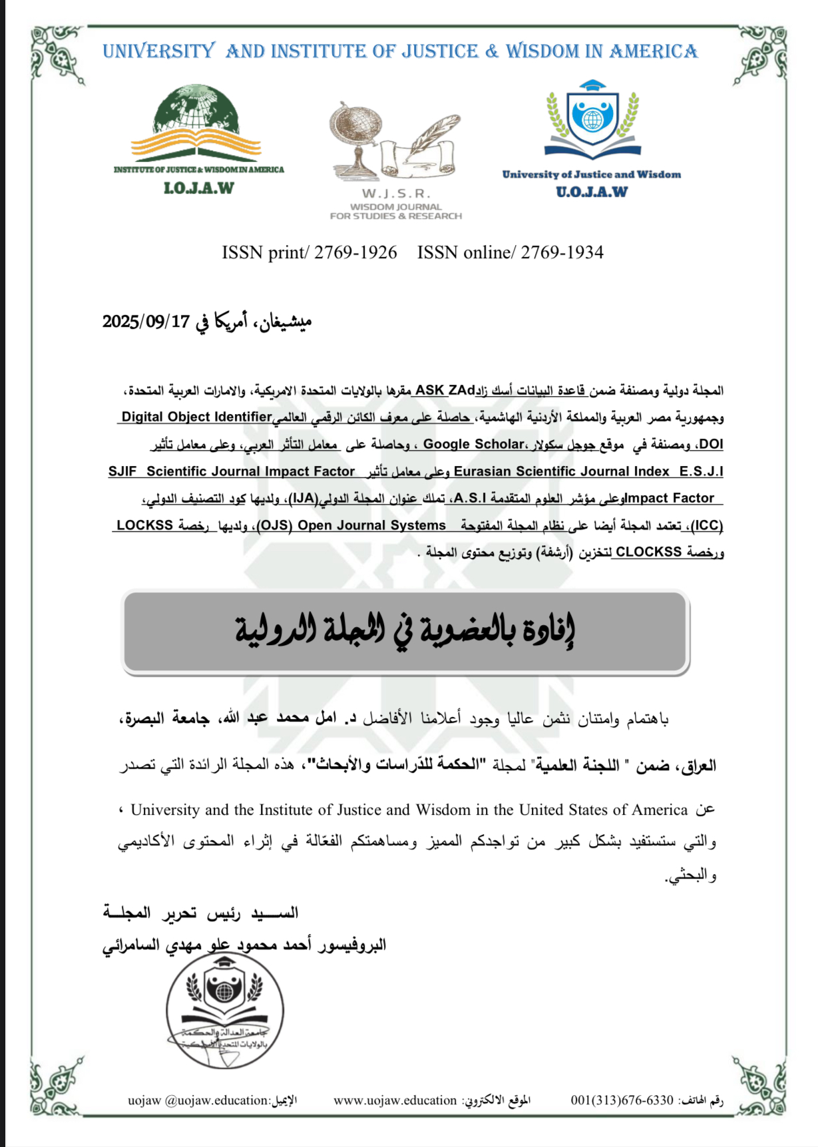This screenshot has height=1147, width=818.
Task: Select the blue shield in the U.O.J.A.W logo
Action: tap(592, 117)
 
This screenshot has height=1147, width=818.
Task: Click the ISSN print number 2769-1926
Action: tap(355, 253)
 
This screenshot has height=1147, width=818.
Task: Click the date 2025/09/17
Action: tap(146, 322)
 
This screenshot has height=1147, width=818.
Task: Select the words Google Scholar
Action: tap(473, 444)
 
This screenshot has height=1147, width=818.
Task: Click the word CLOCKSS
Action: tap(648, 552)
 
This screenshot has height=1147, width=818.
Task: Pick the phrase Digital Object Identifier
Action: tap(197, 417)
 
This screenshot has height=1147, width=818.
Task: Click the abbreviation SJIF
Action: tap(122, 471)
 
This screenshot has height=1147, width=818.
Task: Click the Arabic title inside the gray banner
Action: tap(405, 630)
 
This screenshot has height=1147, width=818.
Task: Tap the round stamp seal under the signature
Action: tap(224, 1011)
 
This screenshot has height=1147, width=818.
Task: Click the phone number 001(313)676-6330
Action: tap(622, 1100)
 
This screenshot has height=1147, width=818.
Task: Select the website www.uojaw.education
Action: tap(395, 1100)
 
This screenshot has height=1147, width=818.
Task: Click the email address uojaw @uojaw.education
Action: tap(198, 1100)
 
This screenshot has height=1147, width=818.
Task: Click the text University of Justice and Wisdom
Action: tap(591, 174)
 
